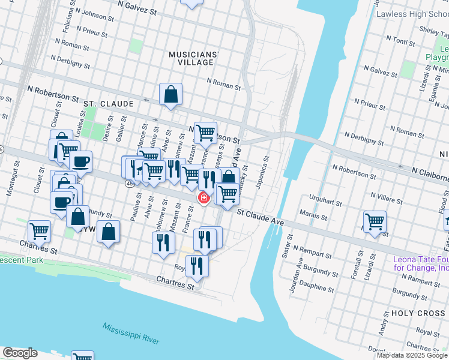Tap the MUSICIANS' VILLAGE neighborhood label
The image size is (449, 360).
[x=193, y=58]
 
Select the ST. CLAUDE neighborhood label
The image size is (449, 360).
[x=109, y=104]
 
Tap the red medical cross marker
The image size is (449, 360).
[x=203, y=197]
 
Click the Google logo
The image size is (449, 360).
[x=20, y=353]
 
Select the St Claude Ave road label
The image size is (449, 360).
[x=260, y=216]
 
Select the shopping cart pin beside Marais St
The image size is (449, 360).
[x=375, y=221]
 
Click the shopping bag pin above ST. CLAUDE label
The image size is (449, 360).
[x=171, y=94]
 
